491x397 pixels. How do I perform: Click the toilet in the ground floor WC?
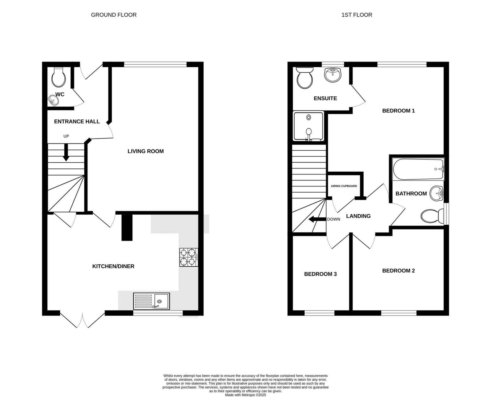(x=59, y=77)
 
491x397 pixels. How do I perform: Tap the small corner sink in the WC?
(x=53, y=100)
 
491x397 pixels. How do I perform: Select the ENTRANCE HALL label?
(x=77, y=121)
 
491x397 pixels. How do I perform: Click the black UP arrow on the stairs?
(x=66, y=153)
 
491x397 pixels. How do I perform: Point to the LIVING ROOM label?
(x=146, y=151)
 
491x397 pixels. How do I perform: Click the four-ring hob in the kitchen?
(x=188, y=257)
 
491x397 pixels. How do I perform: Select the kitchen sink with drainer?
(x=151, y=301)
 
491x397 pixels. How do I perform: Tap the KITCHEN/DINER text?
(x=113, y=266)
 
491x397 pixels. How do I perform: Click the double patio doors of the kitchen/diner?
(x=82, y=320)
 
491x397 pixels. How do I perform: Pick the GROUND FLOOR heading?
(x=114, y=15)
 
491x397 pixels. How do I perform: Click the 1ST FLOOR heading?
(x=356, y=15)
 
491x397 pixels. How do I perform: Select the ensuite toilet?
(x=305, y=78)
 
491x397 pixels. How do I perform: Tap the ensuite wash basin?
(x=332, y=75)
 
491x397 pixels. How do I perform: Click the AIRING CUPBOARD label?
(x=344, y=186)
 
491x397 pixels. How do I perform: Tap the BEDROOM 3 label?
(x=320, y=274)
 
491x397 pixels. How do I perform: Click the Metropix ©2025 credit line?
(x=245, y=395)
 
